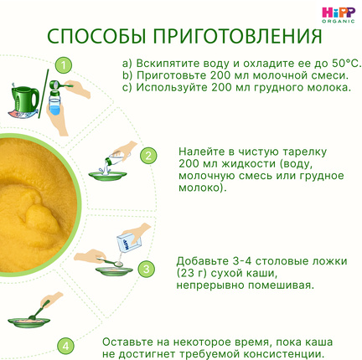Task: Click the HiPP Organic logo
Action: pos(339,15)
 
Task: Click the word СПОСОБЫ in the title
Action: pos(96,36)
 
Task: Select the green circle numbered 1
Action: pos(64,66)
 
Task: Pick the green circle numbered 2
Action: pos(148,156)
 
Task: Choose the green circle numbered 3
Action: pos(146,269)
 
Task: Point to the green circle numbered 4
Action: pos(65,346)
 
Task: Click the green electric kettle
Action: pos(24,101)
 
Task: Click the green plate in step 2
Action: pos(107,177)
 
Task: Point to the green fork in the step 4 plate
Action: pos(39,310)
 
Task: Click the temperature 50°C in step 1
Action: pos(346,64)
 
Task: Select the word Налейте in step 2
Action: pos(199,152)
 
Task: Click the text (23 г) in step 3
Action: pos(191,274)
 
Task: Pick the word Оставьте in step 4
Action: pos(127,342)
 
